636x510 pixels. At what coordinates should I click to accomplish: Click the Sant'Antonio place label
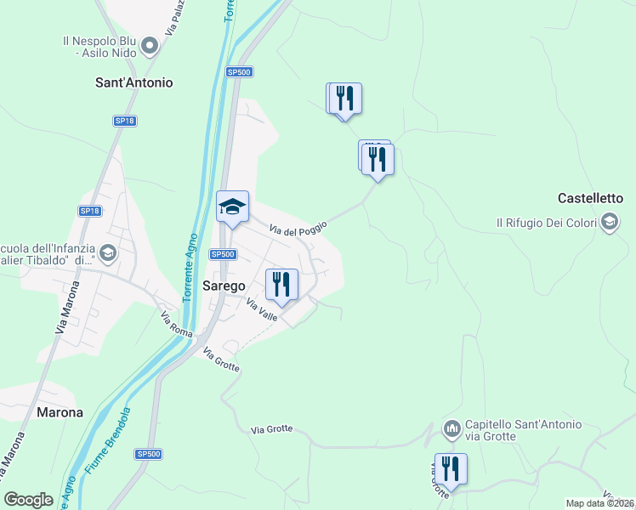click(x=133, y=83)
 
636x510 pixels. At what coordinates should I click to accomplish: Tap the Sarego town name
click(x=224, y=286)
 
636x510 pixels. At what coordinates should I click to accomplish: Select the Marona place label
click(x=60, y=412)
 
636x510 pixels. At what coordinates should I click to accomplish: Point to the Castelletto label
click(x=591, y=198)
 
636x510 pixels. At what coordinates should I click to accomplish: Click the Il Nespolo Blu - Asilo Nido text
click(x=99, y=46)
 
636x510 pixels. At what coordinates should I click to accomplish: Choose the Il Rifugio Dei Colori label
click(x=547, y=223)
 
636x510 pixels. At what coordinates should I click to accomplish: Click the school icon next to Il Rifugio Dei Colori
click(x=609, y=223)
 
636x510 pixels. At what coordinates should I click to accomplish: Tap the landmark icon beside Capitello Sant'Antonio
click(x=451, y=429)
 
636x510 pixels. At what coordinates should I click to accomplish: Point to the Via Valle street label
click(x=262, y=309)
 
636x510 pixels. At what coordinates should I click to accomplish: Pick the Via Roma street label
click(x=177, y=324)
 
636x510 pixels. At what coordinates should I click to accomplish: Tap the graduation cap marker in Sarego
click(x=232, y=207)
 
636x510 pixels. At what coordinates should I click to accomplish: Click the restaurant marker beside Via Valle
click(x=281, y=285)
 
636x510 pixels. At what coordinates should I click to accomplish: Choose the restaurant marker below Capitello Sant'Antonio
click(x=450, y=468)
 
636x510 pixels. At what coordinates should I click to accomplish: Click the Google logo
click(x=29, y=500)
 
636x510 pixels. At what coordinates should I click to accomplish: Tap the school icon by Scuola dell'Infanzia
click(x=108, y=252)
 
